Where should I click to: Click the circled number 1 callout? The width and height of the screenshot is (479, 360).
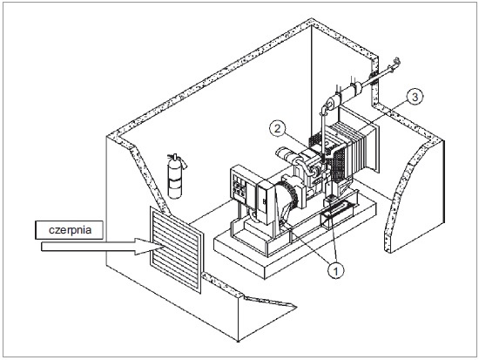click(335, 270)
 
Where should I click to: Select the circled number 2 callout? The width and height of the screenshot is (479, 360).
click(277, 128)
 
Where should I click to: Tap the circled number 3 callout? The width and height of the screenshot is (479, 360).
click(415, 97)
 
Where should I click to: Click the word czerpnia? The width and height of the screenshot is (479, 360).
click(70, 230)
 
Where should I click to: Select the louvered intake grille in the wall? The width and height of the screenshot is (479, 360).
click(176, 250)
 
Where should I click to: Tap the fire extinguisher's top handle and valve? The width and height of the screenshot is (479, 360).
click(177, 160)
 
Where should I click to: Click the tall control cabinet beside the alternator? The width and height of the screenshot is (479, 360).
click(265, 202)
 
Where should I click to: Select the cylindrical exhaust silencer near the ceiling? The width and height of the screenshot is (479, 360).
click(345, 96)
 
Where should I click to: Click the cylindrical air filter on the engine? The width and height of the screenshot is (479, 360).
click(286, 154)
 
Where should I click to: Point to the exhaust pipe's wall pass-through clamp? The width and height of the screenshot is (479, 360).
click(373, 79)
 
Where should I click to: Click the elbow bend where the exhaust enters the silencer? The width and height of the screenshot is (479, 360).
click(325, 107)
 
